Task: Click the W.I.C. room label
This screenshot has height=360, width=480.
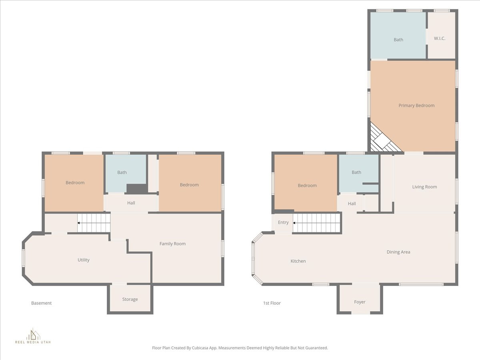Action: pyautogui.click(x=440, y=38)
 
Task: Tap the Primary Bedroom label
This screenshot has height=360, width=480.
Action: pyautogui.click(x=416, y=106)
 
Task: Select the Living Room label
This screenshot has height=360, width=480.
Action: pyautogui.click(x=424, y=187)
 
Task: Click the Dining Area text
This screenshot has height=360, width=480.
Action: pyautogui.click(x=398, y=252)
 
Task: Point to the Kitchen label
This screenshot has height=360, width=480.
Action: pyautogui.click(x=298, y=261)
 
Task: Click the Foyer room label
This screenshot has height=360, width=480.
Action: pyautogui.click(x=360, y=302)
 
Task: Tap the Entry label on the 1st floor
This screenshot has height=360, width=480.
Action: pyautogui.click(x=283, y=222)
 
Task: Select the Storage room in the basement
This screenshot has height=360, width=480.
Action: pyautogui.click(x=130, y=299)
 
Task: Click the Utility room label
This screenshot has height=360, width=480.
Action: pyautogui.click(x=84, y=260)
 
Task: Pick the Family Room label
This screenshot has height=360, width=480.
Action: pyautogui.click(x=172, y=244)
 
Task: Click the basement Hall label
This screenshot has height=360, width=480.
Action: pyautogui.click(x=131, y=203)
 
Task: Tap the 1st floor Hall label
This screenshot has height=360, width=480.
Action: pyautogui.click(x=352, y=204)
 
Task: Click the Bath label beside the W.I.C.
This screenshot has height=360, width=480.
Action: pyautogui.click(x=398, y=40)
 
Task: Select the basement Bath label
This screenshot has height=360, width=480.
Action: pyautogui.click(x=122, y=172)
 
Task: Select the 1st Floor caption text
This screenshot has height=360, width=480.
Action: pyautogui.click(x=272, y=303)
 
